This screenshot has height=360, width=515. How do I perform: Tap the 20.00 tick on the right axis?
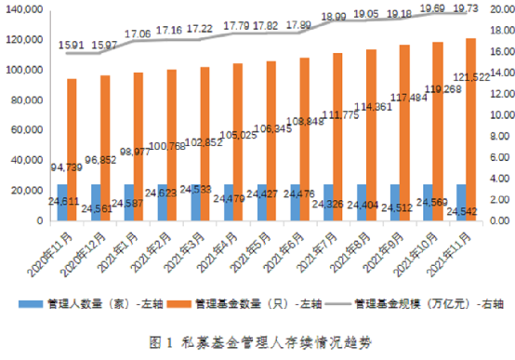497,8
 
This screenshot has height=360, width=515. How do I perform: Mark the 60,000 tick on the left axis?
27,130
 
